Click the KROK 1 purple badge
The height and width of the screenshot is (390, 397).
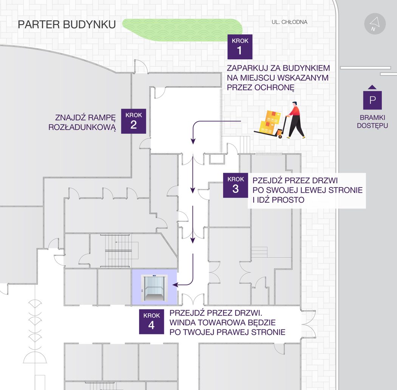(x=240, y=47)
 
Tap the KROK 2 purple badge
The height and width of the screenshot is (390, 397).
(x=133, y=121)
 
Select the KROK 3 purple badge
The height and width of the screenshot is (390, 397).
(x=236, y=185)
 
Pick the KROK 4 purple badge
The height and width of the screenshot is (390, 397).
(x=151, y=322)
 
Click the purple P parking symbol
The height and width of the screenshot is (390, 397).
(x=372, y=100)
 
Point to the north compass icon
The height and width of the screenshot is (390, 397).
(x=375, y=24)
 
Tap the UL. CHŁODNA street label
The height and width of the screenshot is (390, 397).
(x=289, y=22)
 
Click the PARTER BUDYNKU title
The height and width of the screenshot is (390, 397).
(x=67, y=25)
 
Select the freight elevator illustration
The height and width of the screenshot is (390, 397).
(x=154, y=288)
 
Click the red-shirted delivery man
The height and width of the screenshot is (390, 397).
(x=295, y=120)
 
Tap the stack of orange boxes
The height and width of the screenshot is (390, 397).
(x=270, y=122)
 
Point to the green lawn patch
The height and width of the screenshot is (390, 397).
(x=182, y=30)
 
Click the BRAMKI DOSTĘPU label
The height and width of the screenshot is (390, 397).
(x=372, y=121)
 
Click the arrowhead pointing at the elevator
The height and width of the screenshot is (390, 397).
(x=175, y=285)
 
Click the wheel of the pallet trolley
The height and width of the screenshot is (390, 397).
(x=280, y=137)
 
